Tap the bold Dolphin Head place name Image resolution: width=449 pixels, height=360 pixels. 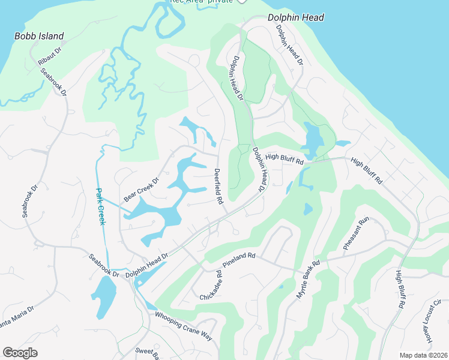pos(295,17)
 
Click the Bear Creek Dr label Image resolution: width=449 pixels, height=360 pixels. pos(142,188)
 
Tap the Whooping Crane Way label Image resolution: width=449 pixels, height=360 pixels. pos(183,326)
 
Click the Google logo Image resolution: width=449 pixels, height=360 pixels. pos(20,353)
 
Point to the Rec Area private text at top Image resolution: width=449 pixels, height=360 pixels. pos(201,2)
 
